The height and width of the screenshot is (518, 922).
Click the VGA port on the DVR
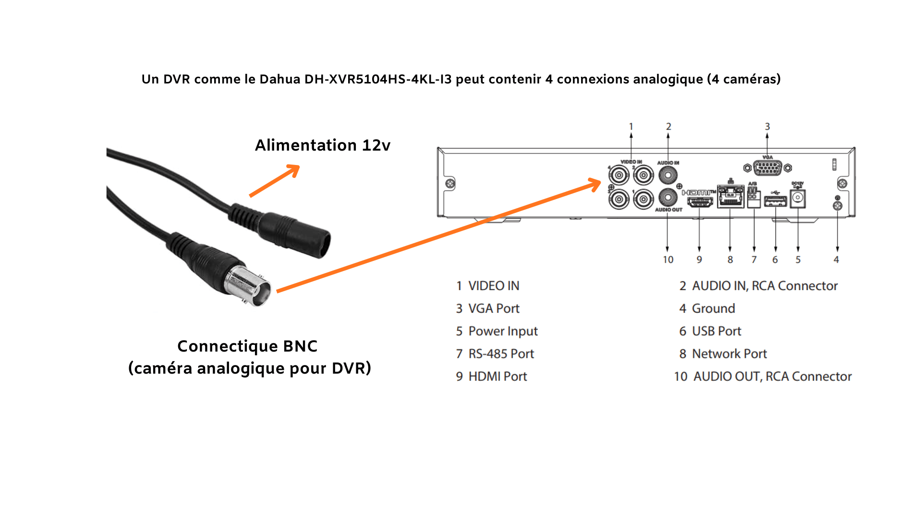[x=767, y=168]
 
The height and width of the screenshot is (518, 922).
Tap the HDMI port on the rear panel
[x=699, y=201]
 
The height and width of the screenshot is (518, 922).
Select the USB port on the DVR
[x=775, y=201]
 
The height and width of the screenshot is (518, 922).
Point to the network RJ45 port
[x=730, y=197]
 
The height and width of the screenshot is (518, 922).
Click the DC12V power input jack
[x=798, y=198]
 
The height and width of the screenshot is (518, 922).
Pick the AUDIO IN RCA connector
[x=668, y=175]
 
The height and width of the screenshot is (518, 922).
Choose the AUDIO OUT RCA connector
[x=668, y=197]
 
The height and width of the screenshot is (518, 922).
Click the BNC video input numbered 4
[x=619, y=176]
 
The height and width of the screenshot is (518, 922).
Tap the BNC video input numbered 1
[x=643, y=198]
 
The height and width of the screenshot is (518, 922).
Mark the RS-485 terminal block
[x=753, y=197]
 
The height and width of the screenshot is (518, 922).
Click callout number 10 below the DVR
[x=668, y=259]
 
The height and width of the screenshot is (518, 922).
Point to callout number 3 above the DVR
[x=767, y=127]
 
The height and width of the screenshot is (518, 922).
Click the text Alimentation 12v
[x=323, y=145]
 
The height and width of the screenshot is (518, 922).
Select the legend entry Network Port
[x=729, y=354]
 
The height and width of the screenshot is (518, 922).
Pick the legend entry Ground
[x=713, y=308]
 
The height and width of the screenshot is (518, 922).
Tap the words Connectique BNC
[x=247, y=346]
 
